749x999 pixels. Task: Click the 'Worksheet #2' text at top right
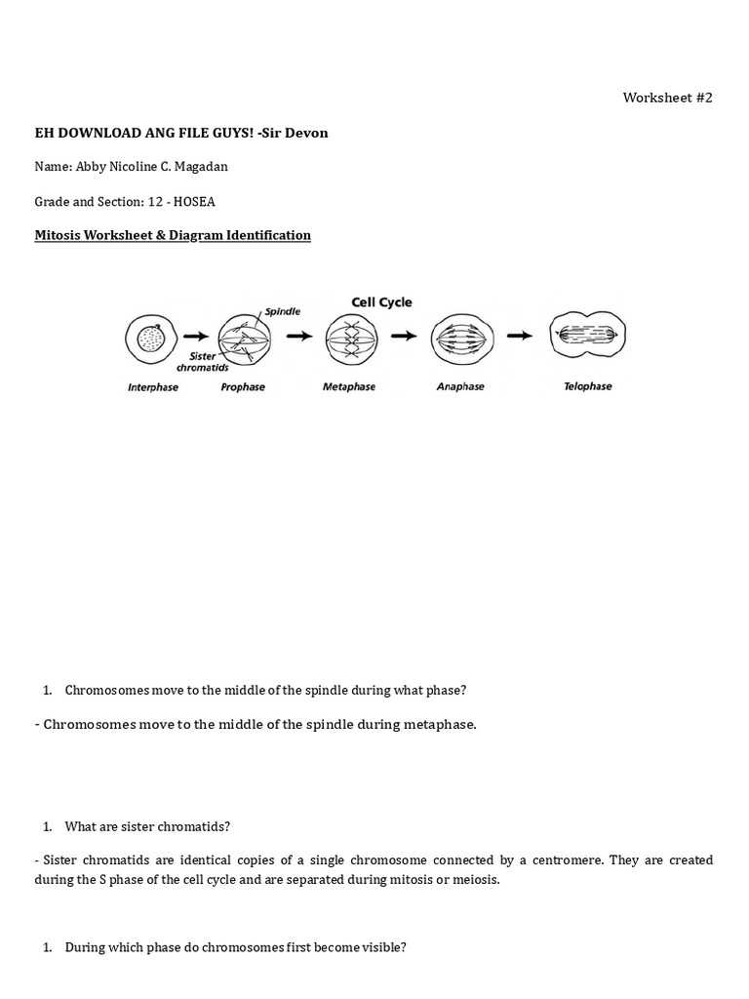pos(667,99)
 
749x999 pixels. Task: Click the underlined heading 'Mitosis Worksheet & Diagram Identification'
pos(173,235)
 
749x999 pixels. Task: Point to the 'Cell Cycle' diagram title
pos(381,302)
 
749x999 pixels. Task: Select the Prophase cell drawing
pos(243,339)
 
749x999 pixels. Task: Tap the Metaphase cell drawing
pos(349,338)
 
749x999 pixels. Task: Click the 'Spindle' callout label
pos(282,310)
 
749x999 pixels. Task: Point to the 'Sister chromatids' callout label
pos(203,363)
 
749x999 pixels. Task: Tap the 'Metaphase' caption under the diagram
pos(349,387)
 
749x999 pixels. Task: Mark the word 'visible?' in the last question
pos(381,947)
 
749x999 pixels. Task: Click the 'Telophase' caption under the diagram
pos(588,386)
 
